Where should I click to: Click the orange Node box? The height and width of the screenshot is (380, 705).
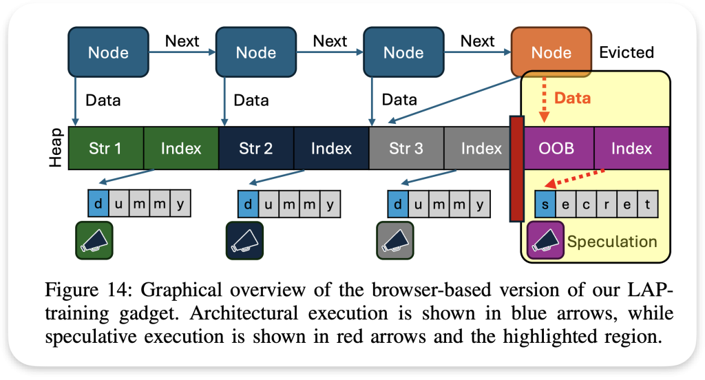click(551, 52)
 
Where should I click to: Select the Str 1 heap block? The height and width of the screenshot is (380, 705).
click(106, 148)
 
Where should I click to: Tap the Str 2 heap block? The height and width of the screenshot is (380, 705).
click(256, 148)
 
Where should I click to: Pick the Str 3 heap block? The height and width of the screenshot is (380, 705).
click(406, 148)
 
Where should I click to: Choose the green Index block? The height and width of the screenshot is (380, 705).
click(181, 148)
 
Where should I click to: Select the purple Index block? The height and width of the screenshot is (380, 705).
click(631, 148)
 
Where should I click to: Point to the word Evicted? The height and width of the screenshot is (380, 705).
click(627, 53)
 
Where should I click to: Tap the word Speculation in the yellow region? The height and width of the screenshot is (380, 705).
click(612, 242)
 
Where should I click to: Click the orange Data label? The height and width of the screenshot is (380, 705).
click(573, 98)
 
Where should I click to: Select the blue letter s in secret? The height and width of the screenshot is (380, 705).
click(545, 204)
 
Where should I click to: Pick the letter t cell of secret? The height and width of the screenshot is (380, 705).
click(648, 204)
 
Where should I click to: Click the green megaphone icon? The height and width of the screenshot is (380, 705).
click(94, 240)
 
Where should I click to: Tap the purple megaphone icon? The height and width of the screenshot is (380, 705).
click(545, 240)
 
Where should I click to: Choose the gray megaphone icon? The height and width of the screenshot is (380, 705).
click(394, 240)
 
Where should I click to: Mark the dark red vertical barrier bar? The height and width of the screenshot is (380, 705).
click(516, 169)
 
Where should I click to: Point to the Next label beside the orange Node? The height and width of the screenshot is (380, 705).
click(478, 41)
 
